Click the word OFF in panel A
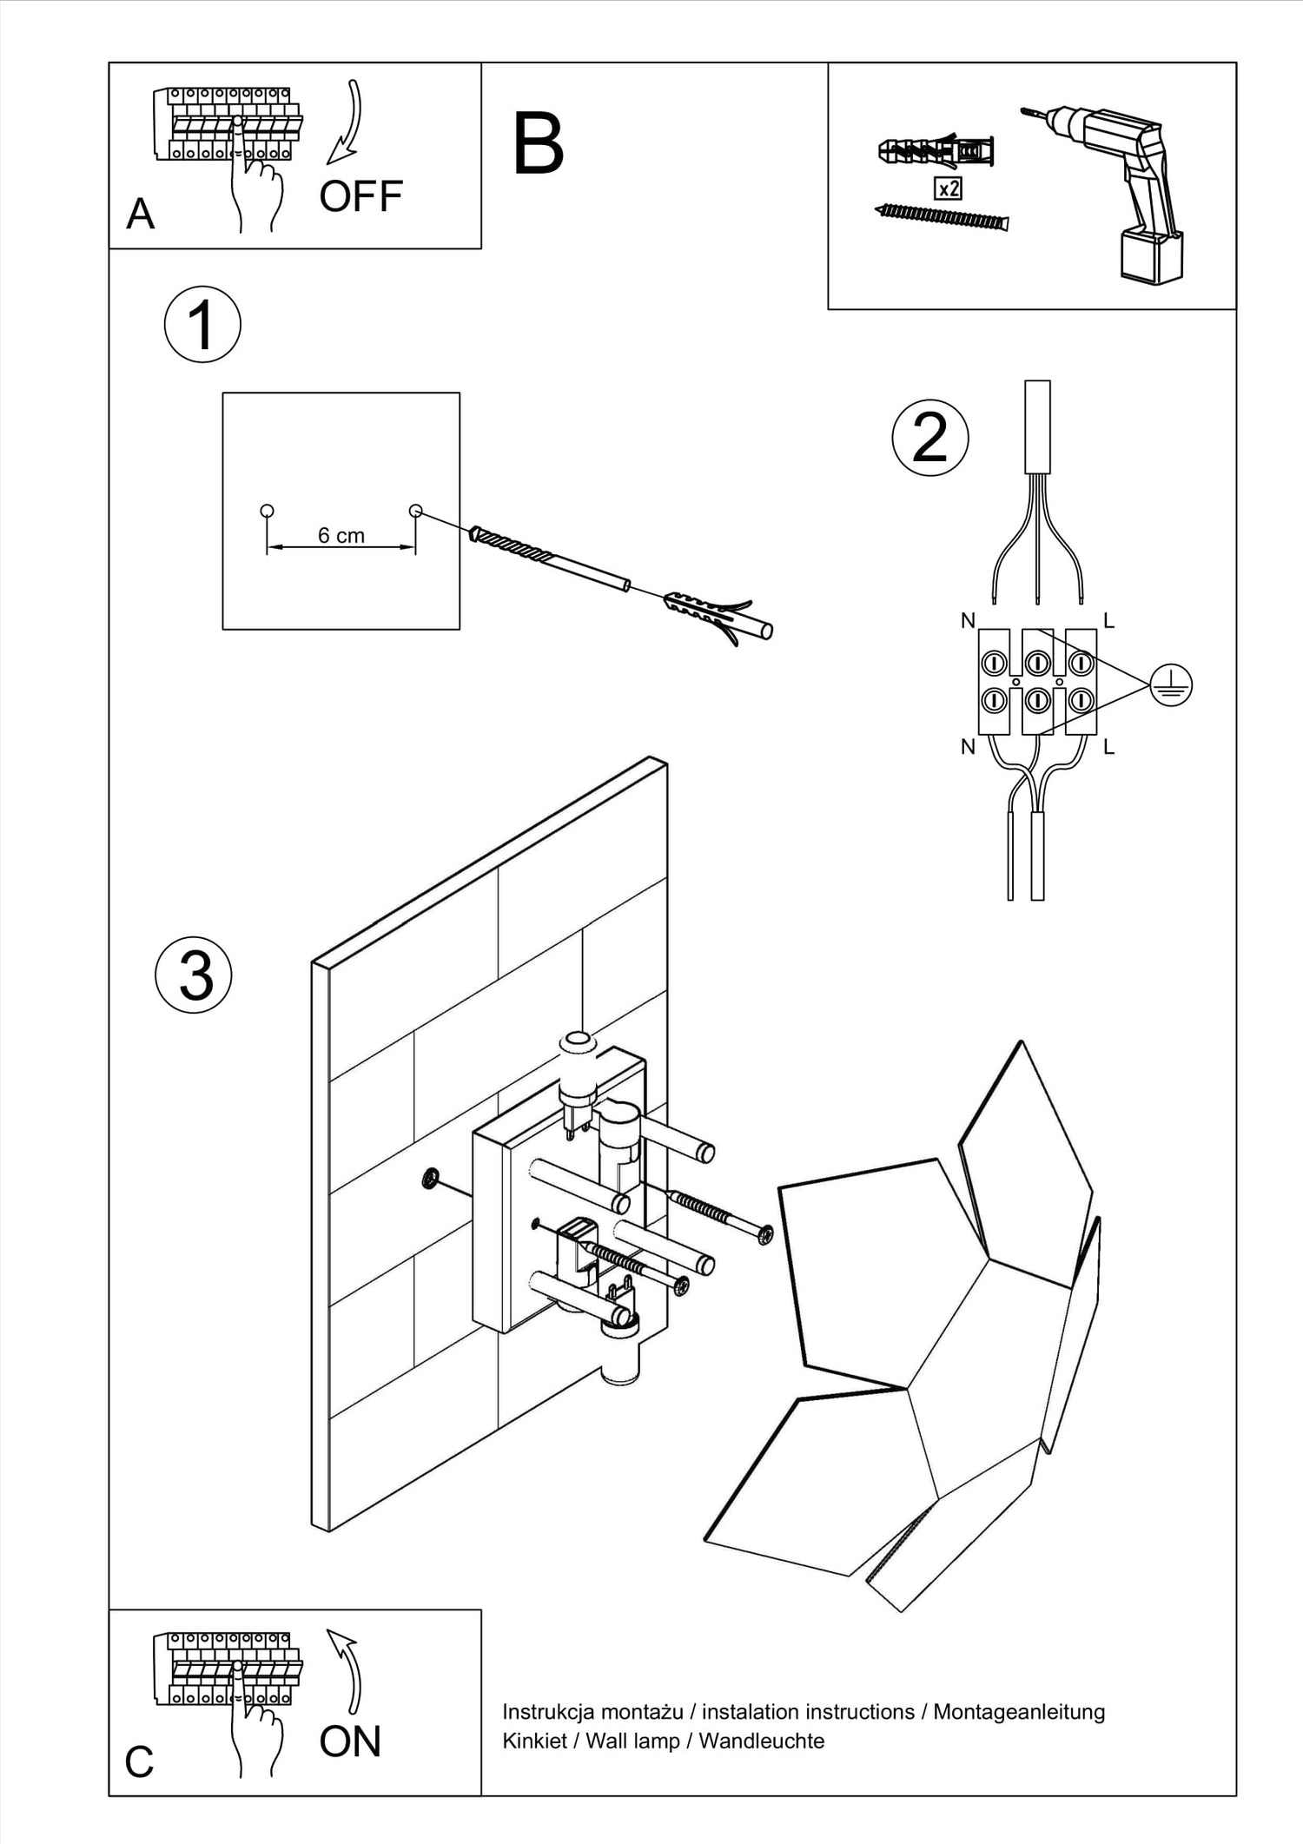tap(360, 197)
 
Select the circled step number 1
tap(202, 325)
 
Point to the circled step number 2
tap(930, 438)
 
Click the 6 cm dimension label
tap(341, 536)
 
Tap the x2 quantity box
tap(947, 188)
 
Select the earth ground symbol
tap(1170, 685)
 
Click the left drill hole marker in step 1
tap(267, 511)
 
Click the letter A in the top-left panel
tap(141, 214)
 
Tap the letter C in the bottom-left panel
tap(139, 1762)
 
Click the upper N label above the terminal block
tap(968, 620)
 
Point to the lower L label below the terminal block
tap(1108, 747)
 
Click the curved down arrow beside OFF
tap(348, 122)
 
